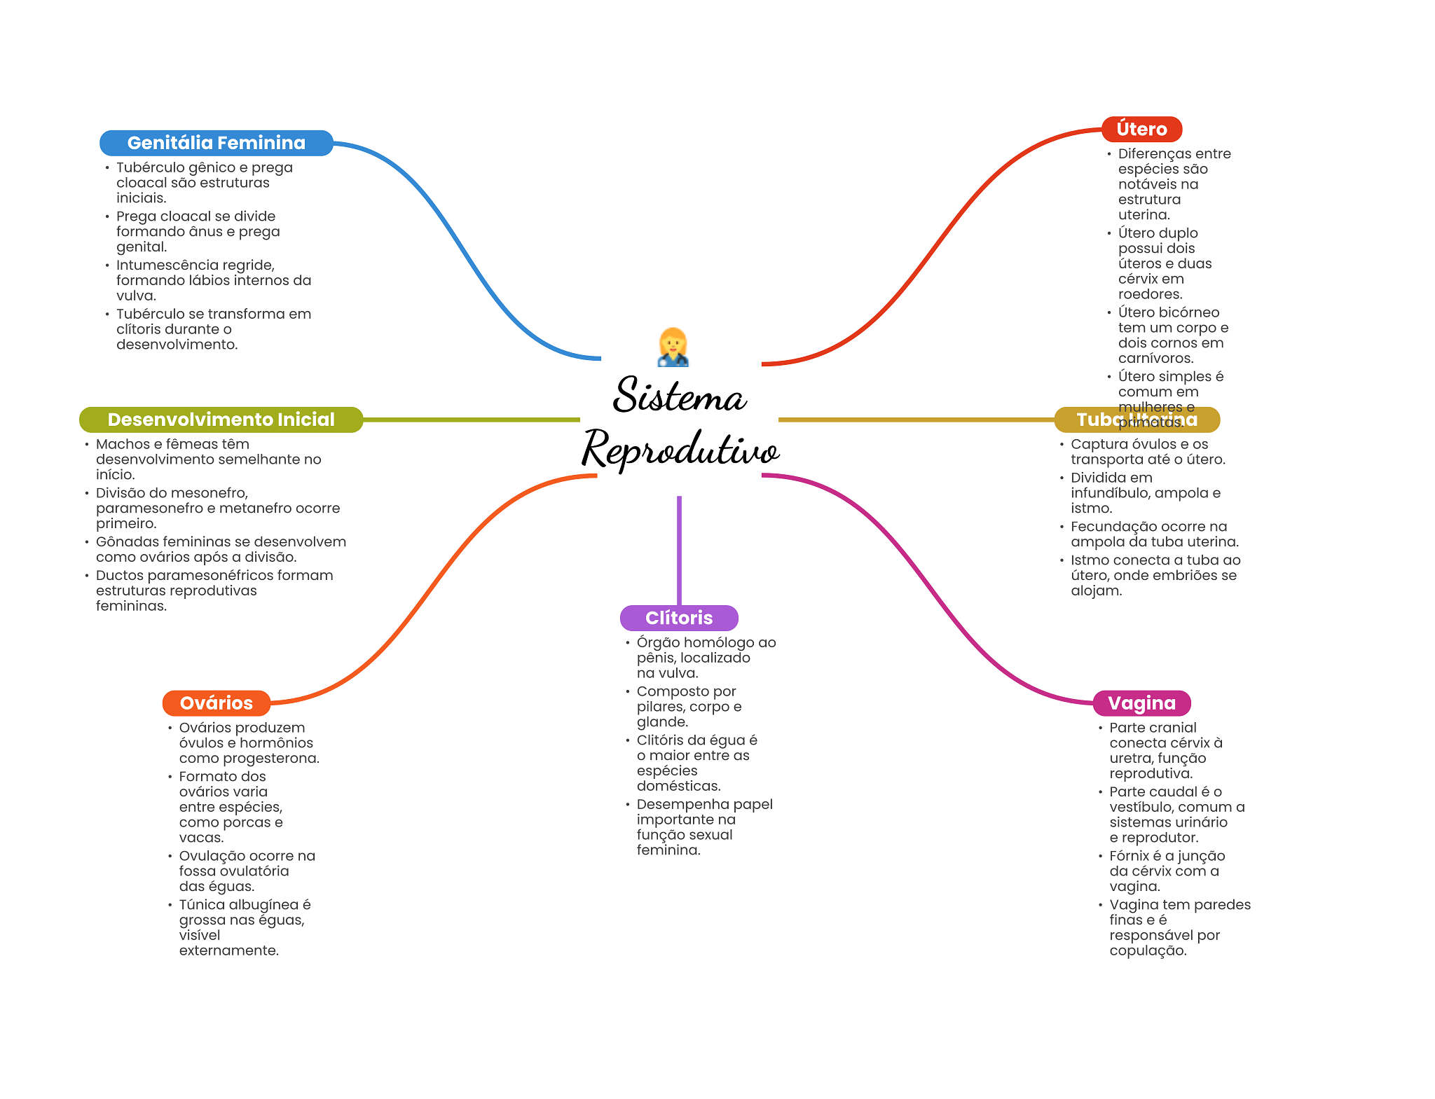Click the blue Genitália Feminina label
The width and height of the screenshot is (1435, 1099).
[x=216, y=143]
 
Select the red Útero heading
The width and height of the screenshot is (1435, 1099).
[x=1141, y=129]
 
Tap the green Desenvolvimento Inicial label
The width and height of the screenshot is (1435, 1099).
[x=221, y=420]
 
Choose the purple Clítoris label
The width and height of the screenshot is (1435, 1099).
[x=678, y=618]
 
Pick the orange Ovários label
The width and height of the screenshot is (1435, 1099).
[x=216, y=703]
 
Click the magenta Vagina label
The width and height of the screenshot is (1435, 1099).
[x=1141, y=703]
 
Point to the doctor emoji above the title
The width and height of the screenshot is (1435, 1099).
[x=673, y=347]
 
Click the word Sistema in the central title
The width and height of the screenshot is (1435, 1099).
[x=679, y=396]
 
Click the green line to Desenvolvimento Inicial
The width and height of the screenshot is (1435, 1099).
[x=469, y=420]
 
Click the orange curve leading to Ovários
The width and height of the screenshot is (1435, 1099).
[x=434, y=588]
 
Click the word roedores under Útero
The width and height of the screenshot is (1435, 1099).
[x=1150, y=294]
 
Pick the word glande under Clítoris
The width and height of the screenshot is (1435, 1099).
[x=661, y=722]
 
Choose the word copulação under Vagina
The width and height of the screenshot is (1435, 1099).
[x=1147, y=951]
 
